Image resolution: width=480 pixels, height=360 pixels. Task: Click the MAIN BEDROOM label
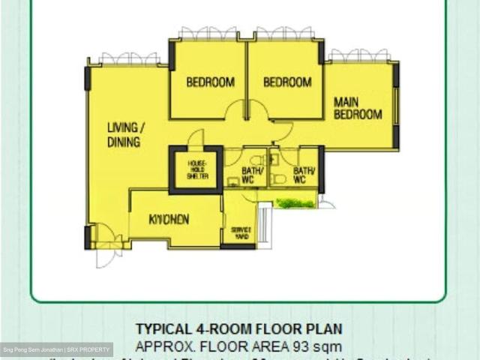[x=358, y=108]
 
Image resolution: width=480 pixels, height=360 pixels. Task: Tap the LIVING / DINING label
[x=125, y=134]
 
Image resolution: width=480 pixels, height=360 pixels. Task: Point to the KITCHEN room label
[x=168, y=219]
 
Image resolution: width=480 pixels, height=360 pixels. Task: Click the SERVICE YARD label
[x=240, y=232]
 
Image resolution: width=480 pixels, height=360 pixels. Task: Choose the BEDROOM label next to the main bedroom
[x=287, y=82]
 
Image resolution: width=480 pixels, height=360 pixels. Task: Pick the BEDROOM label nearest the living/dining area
[x=210, y=82]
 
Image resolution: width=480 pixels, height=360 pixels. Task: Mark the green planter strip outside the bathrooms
[x=294, y=202]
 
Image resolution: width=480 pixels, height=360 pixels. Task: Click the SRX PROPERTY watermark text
[x=89, y=350]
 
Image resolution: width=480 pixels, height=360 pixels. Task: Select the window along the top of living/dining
[x=128, y=58]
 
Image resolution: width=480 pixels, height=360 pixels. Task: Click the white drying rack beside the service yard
[x=263, y=221]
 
